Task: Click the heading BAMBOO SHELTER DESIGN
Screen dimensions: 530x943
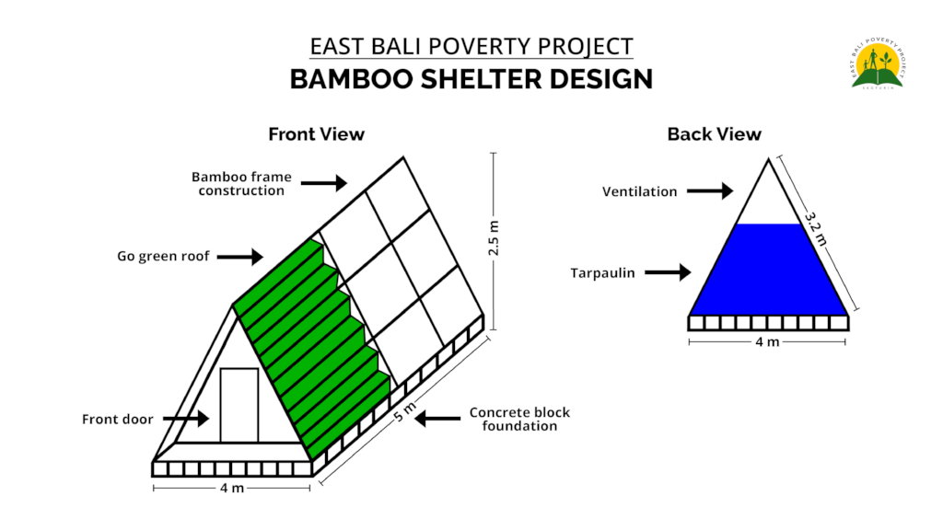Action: (471, 79)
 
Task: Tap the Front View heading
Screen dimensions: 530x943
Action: (316, 134)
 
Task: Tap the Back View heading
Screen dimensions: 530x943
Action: (714, 134)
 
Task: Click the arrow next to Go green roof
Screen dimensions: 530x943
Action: (242, 258)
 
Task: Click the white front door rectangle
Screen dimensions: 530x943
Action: (239, 404)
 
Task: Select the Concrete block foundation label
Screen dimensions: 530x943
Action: (519, 419)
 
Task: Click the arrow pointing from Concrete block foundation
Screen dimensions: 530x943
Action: (438, 419)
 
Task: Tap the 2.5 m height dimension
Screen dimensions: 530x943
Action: (495, 241)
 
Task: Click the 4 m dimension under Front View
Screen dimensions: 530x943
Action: (232, 488)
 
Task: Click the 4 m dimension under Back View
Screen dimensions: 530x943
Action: (767, 341)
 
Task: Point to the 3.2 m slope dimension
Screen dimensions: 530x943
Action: (814, 229)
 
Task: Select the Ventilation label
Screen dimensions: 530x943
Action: (639, 192)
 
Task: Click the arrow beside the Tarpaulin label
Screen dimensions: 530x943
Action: (668, 272)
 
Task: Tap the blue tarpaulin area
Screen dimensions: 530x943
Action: (769, 271)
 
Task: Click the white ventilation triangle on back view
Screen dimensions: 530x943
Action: (769, 198)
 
